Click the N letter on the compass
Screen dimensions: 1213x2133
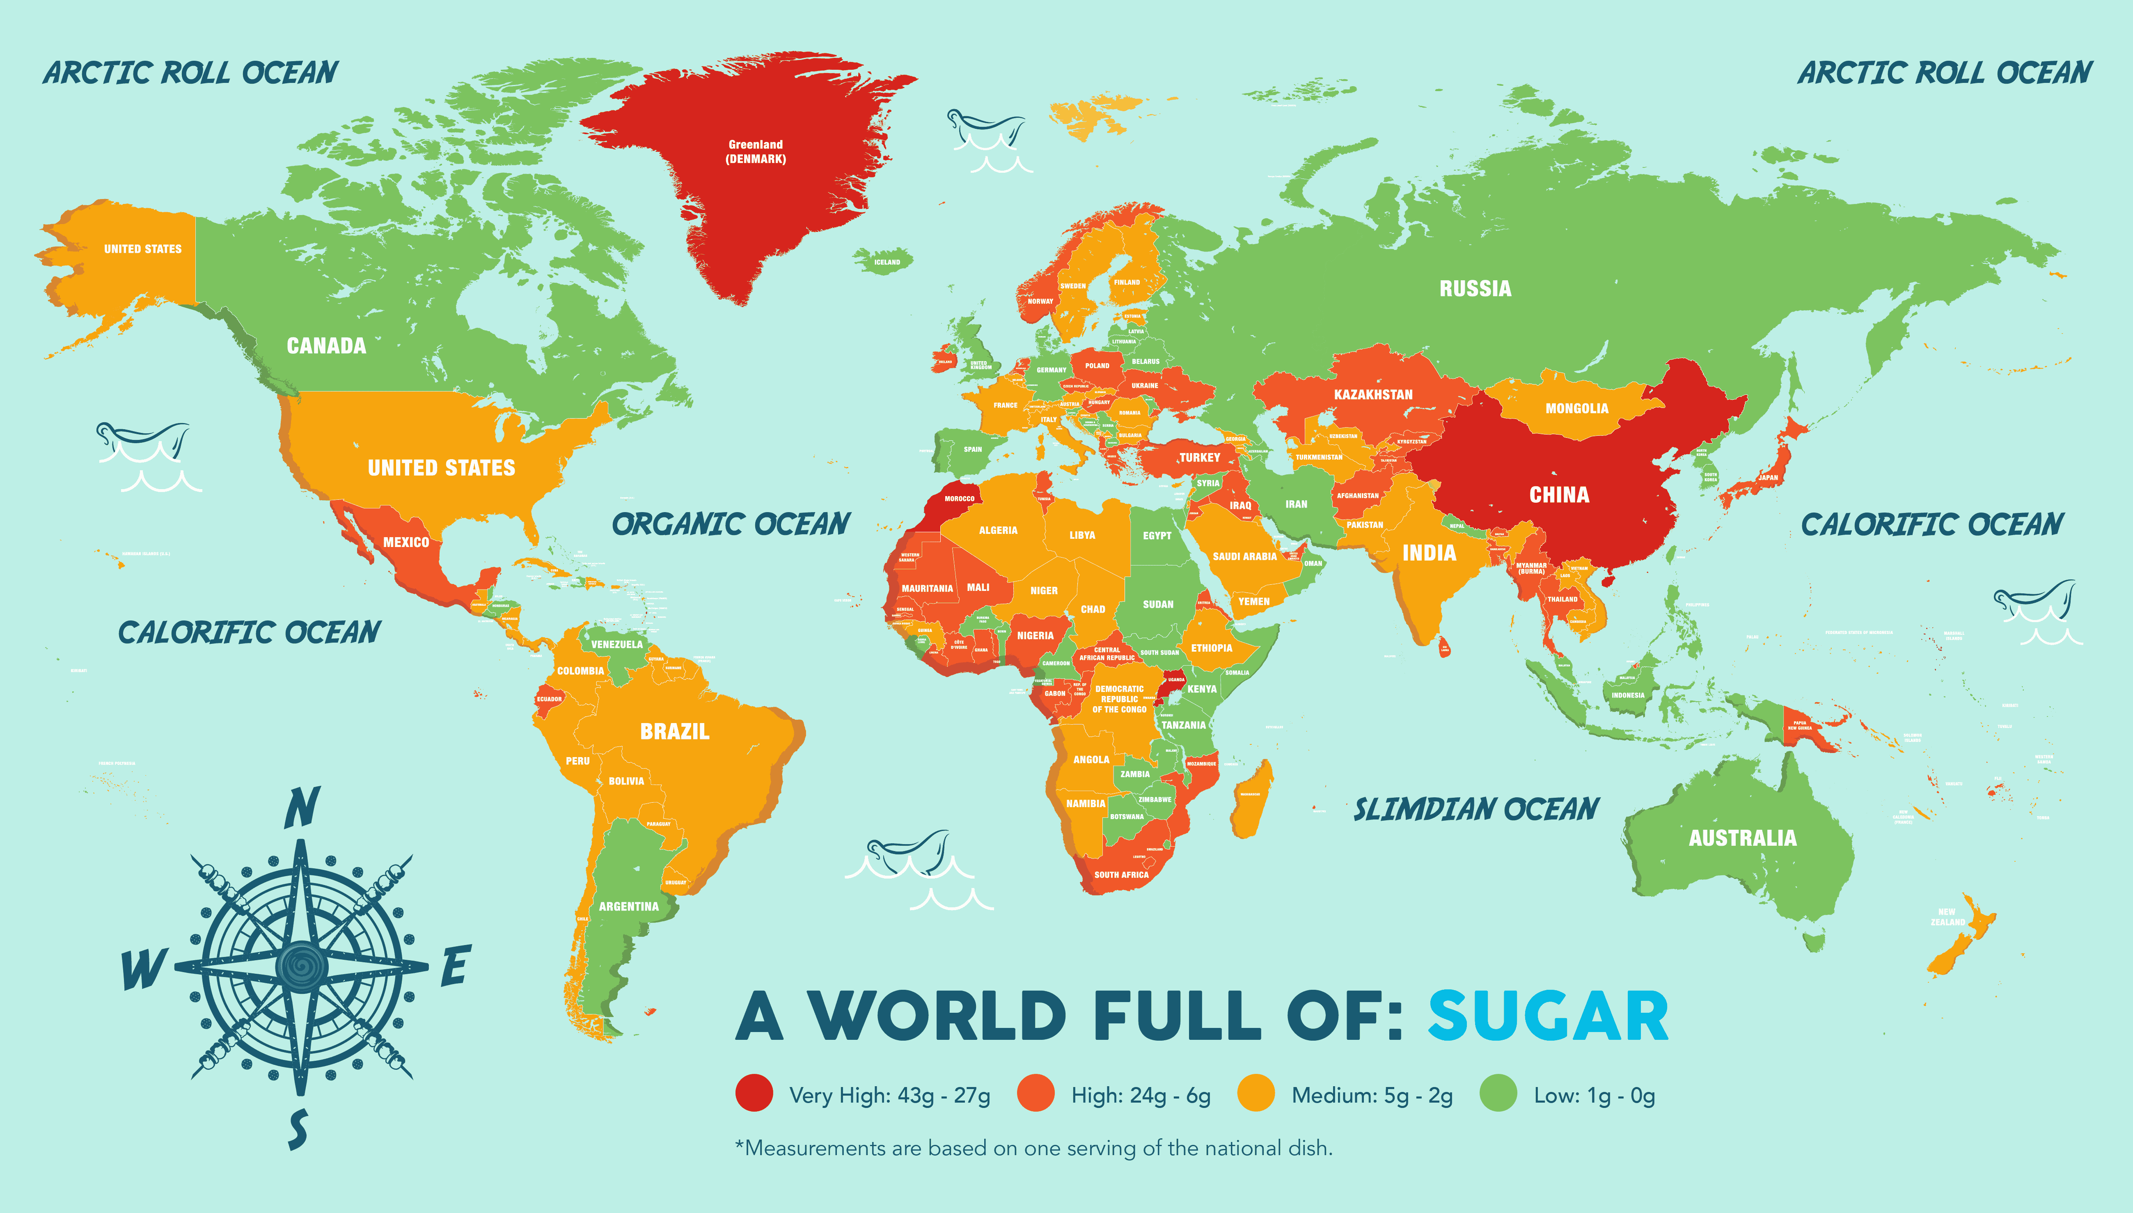302,808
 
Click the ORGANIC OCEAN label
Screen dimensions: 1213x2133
731,524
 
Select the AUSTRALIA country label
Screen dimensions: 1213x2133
1742,838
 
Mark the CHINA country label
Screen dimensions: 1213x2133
1559,495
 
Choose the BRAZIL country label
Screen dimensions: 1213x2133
674,732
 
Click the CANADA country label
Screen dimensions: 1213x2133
326,346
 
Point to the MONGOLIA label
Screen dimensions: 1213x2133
1576,408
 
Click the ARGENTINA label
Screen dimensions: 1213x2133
628,906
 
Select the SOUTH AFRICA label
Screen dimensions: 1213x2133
1120,875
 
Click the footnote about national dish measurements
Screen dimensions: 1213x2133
1033,1148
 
